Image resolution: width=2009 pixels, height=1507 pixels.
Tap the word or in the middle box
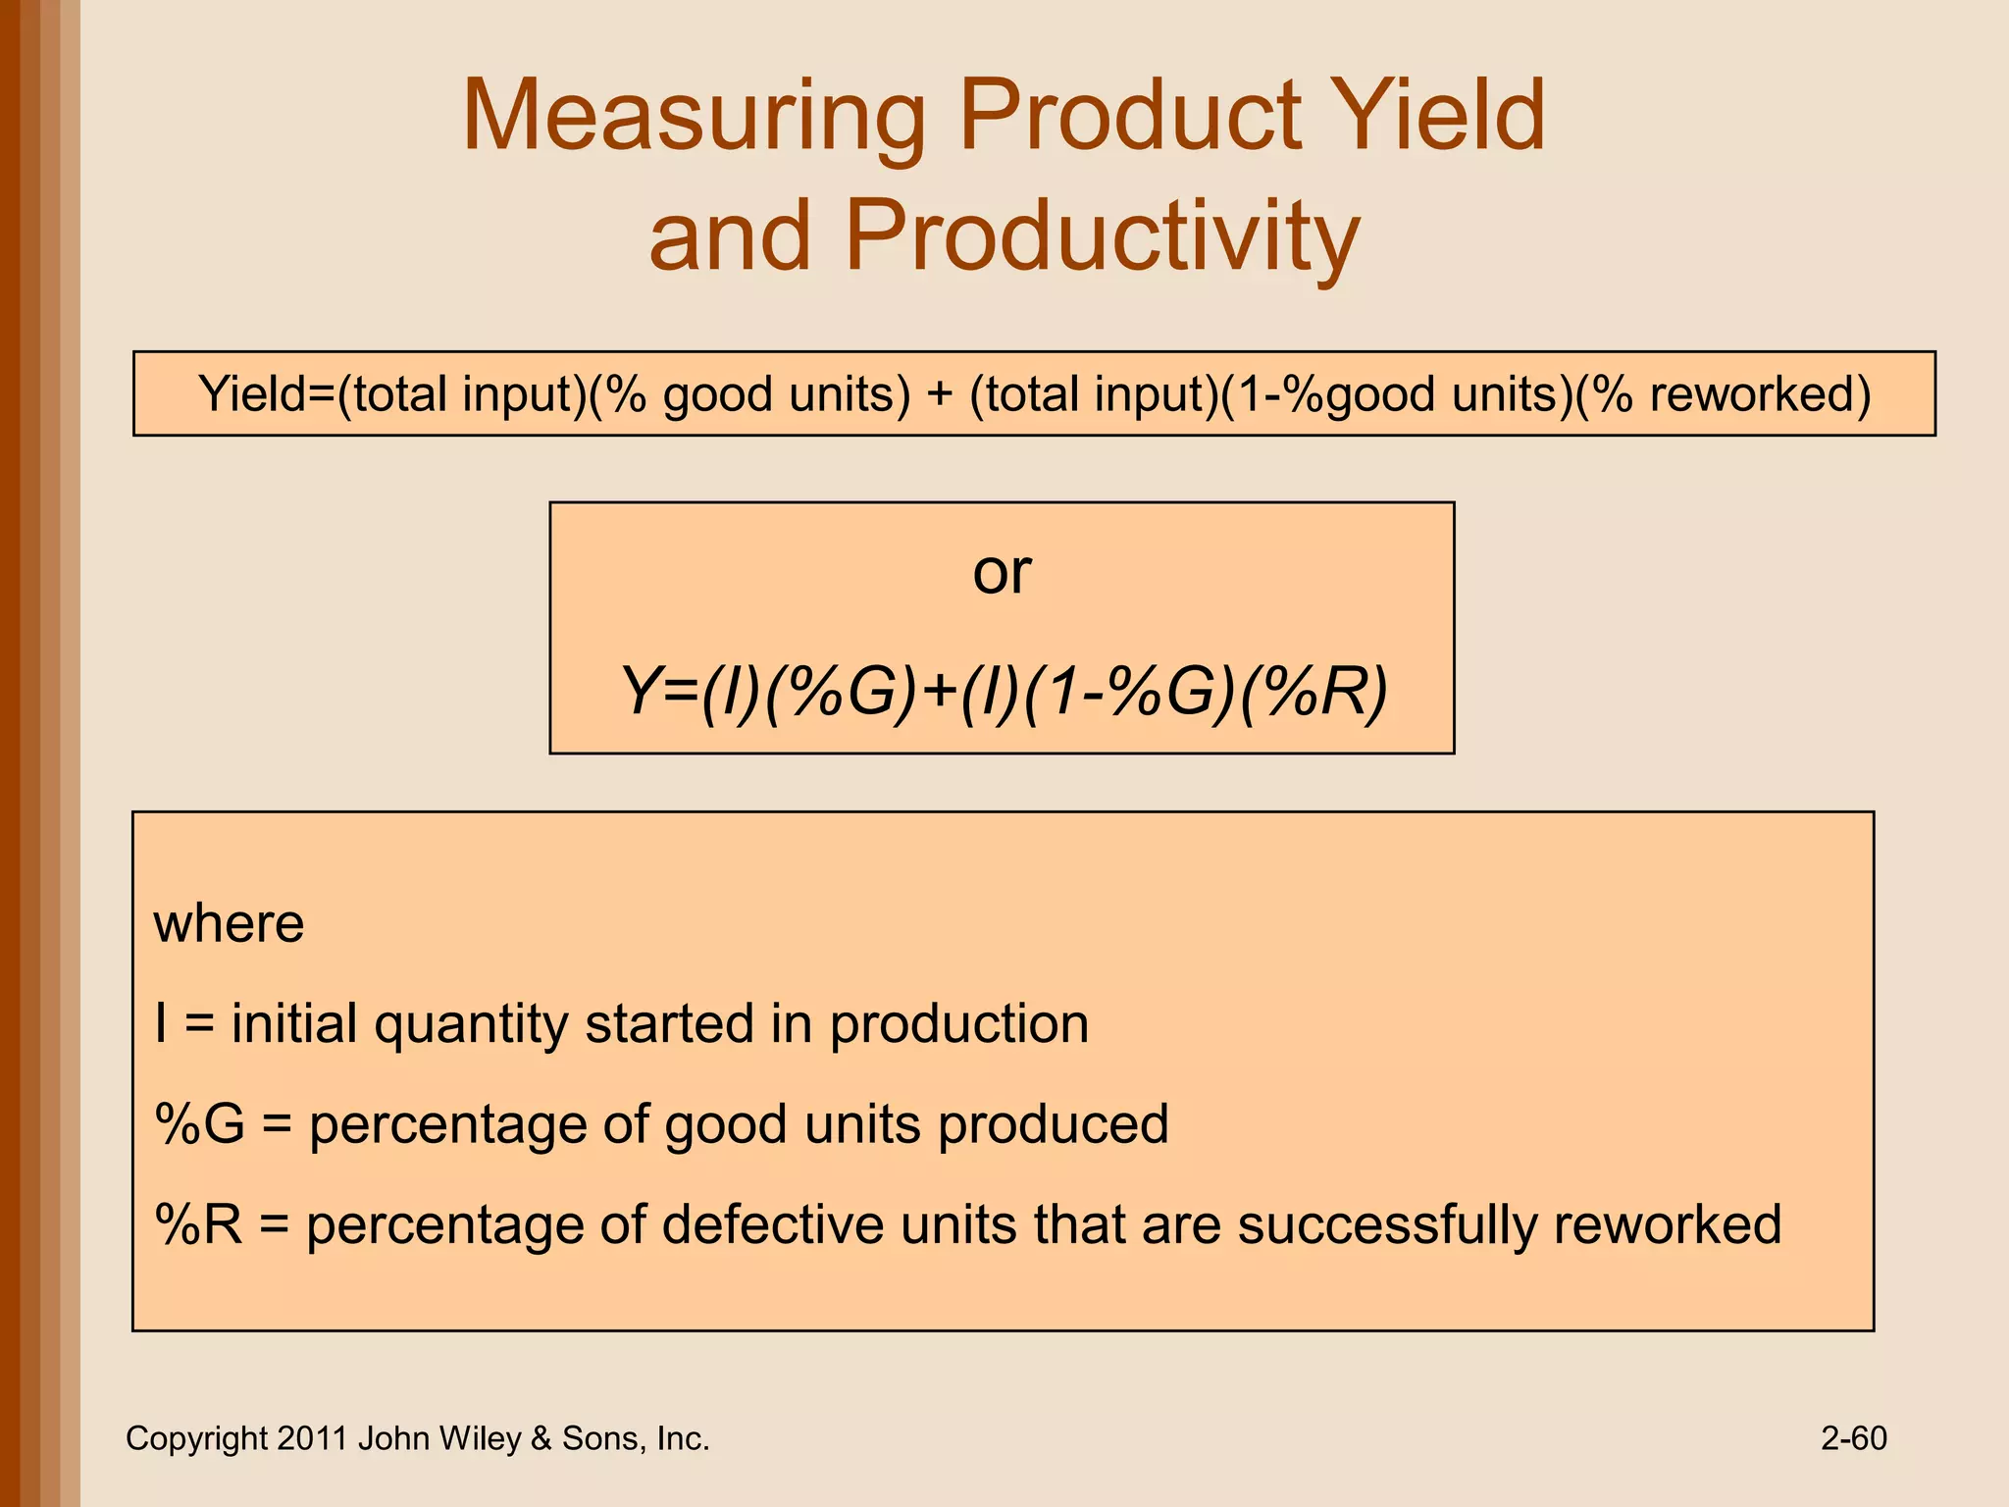click(x=1002, y=572)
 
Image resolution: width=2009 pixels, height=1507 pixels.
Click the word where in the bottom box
click(x=229, y=924)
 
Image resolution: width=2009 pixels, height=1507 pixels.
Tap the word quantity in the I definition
click(x=471, y=1025)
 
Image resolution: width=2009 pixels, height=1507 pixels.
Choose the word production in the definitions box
click(x=959, y=1025)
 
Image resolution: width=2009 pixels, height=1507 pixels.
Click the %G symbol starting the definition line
click(x=199, y=1124)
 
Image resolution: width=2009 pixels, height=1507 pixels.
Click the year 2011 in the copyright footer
click(x=312, y=1438)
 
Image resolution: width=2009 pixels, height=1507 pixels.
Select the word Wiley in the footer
click(x=481, y=1438)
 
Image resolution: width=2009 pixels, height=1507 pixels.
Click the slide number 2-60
click(x=1853, y=1438)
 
